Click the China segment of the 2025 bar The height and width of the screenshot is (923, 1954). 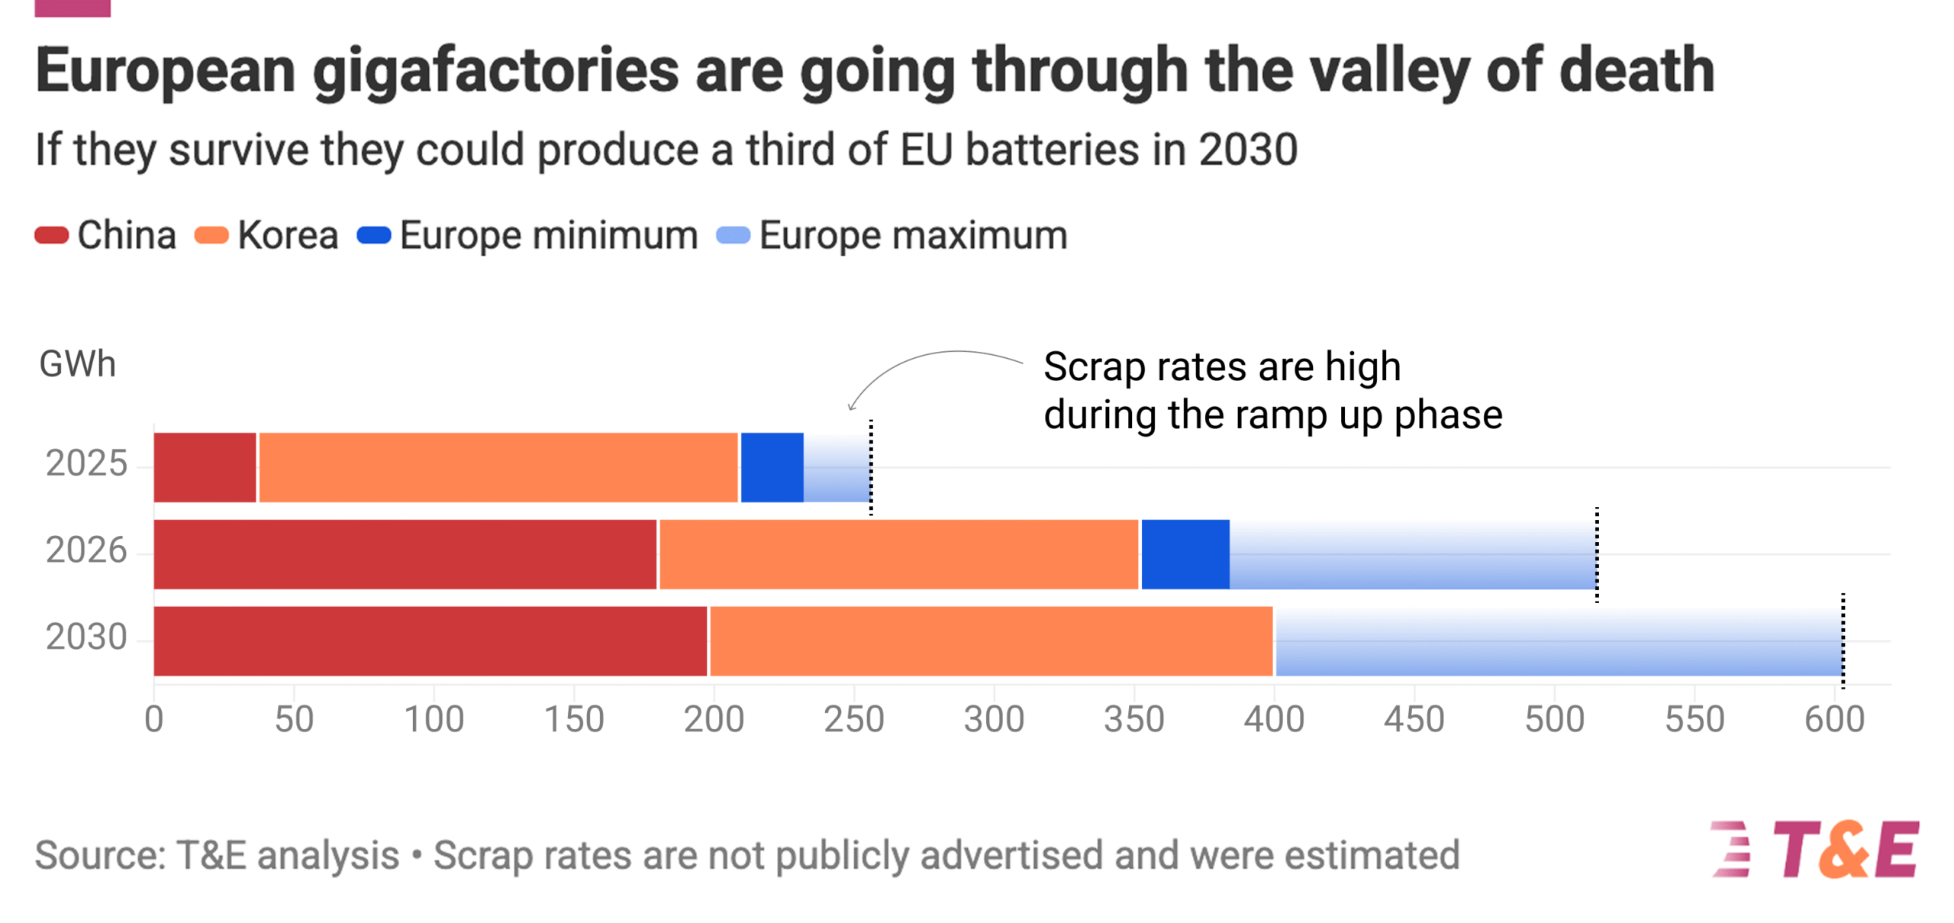tap(205, 467)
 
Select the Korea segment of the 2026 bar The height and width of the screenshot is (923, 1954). tap(898, 554)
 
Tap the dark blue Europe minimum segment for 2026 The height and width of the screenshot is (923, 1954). tap(1185, 554)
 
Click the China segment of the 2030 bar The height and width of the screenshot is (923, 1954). tap(430, 641)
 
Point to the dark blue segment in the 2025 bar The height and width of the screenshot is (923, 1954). tap(772, 467)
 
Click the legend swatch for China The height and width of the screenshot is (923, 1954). tap(52, 235)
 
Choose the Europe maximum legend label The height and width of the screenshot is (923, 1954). tap(912, 235)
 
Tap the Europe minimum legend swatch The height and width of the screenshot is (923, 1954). tap(374, 235)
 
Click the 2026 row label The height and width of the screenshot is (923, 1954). tap(85, 550)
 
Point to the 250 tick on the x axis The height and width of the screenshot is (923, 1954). tap(853, 719)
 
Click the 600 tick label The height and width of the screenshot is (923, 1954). tap(1833, 719)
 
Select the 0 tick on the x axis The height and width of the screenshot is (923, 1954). tap(154, 719)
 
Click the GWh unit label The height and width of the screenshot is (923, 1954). tap(77, 364)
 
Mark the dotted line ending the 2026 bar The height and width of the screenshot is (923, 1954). tap(1596, 554)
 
